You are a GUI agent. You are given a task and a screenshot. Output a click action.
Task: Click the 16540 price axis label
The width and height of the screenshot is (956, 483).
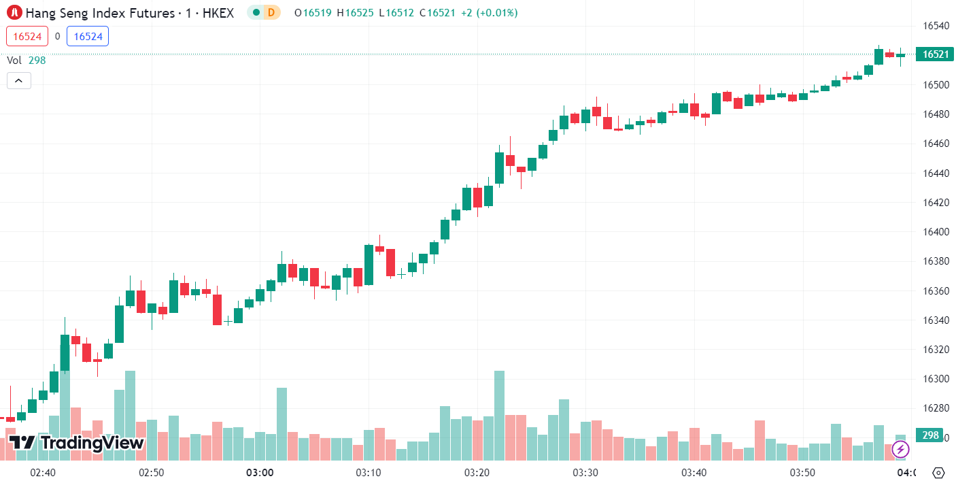point(936,26)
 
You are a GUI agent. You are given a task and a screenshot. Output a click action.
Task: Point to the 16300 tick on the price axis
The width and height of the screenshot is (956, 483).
point(936,379)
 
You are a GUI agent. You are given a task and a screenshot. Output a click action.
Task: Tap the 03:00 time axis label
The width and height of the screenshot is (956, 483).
point(260,472)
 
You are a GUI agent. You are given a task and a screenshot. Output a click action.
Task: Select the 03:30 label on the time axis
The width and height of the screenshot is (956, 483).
point(585,472)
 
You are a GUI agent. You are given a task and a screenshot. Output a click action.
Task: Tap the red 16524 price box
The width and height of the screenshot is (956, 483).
point(27,36)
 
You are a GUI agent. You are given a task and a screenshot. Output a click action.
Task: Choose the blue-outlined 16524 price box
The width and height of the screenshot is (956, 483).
point(88,36)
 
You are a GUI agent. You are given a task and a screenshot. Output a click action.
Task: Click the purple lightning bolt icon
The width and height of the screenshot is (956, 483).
point(900,449)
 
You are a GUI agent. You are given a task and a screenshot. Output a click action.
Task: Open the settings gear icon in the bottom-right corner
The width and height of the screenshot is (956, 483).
point(939,472)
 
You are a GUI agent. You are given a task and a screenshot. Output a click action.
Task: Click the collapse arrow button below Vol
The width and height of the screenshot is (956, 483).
point(18,81)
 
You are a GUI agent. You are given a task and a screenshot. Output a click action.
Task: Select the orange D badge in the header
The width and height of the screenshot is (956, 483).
point(271,12)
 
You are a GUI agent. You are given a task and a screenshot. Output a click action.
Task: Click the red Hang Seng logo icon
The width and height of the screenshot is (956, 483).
point(13,12)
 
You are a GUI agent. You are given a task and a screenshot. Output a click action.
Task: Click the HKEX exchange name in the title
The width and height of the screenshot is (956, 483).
point(218,12)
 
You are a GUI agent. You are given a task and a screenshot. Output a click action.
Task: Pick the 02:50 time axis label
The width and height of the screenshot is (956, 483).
point(151,472)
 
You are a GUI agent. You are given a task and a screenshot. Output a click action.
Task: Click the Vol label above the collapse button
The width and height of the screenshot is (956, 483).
point(14,60)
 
